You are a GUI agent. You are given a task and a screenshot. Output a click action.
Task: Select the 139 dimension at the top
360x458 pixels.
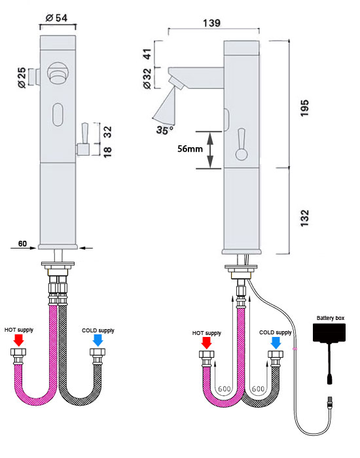pos(211,23)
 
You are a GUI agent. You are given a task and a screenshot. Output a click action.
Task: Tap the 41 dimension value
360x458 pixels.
pos(147,55)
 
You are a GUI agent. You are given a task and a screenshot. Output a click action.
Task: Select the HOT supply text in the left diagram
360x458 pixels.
pos(18,330)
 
